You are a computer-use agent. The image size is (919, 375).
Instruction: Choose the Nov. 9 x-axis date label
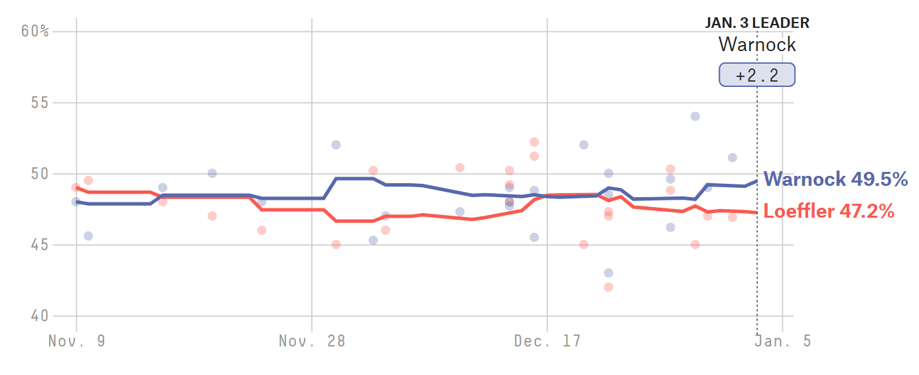pos(76,341)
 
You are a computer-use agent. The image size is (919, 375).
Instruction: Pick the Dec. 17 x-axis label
pos(547,341)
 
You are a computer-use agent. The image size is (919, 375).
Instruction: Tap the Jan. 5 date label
pos(783,341)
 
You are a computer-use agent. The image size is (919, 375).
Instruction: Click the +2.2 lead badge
pos(757,75)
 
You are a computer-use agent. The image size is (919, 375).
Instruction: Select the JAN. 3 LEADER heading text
pos(757,23)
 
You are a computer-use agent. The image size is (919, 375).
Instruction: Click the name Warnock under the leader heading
pos(757,45)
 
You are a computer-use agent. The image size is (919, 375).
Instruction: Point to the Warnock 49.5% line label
pos(835,179)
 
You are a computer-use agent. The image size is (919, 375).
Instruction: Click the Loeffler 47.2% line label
pos(829,211)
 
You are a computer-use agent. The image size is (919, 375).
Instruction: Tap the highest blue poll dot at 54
pos(695,116)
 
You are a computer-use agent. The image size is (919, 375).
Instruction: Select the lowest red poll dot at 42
pos(608,287)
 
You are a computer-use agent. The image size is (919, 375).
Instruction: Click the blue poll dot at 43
pos(608,273)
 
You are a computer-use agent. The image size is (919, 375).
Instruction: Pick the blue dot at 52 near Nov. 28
pos(336,145)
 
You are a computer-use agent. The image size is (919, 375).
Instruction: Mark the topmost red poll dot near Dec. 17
pos(534,142)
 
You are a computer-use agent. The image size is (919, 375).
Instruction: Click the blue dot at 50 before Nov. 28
pos(212,173)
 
